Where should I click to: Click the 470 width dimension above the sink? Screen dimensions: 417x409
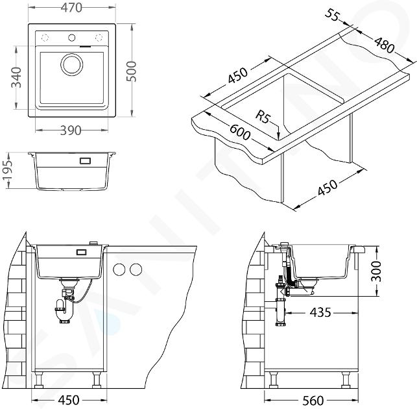tap(71, 8)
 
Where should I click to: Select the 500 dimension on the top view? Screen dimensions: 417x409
tap(131, 71)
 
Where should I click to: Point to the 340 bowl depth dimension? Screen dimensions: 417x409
tap(16, 77)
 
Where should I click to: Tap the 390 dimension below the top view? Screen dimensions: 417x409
tap(71, 130)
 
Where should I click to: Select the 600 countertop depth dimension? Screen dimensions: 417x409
tap(239, 132)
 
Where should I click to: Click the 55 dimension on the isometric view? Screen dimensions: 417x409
tap(332, 15)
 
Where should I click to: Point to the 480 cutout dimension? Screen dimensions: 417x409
tap(385, 44)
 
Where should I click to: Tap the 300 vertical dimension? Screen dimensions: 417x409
tap(376, 271)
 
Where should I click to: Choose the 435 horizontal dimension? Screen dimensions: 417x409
tap(320, 312)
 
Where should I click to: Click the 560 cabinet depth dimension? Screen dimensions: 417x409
tap(313, 400)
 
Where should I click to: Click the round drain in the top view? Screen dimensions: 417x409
tap(72, 64)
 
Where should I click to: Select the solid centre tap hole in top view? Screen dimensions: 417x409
tap(71, 38)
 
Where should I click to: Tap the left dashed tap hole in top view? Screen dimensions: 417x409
tap(45, 38)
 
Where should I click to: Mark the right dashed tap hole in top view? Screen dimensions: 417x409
tap(99, 38)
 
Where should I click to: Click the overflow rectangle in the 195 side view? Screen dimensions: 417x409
tap(86, 161)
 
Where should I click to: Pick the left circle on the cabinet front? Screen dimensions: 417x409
tap(119, 269)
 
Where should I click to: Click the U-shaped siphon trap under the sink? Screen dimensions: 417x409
tap(64, 312)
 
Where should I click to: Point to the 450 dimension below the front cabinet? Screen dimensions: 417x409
tap(69, 400)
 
